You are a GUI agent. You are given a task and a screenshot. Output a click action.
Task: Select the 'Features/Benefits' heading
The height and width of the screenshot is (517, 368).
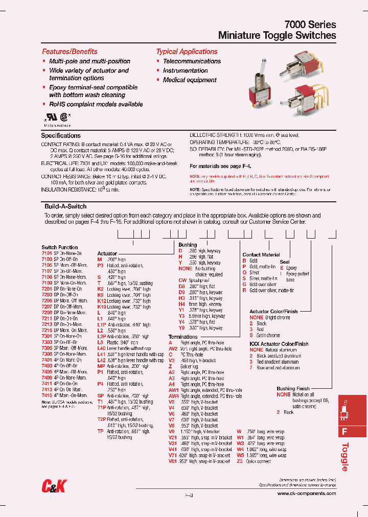pos(70,52)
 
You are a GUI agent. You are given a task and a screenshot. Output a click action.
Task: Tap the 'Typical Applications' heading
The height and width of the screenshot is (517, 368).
pos(187,52)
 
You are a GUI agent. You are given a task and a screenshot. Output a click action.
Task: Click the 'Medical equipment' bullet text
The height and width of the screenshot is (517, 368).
pos(190,80)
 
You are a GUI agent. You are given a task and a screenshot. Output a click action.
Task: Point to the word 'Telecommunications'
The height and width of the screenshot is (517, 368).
pos(192,61)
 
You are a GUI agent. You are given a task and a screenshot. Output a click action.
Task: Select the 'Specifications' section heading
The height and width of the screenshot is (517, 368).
pos(61,136)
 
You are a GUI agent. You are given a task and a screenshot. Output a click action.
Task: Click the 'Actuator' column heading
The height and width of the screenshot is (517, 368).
pos(107,253)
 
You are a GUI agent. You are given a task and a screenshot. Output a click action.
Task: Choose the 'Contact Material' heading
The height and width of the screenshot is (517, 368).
pos(261,254)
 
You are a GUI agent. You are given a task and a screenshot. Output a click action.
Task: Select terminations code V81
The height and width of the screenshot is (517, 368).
pos(173,461)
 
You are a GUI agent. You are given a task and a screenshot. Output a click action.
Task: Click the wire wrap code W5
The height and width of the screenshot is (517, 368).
pos(240,455)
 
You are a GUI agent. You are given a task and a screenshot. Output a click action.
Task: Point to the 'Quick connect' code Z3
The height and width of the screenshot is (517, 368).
pos(240,461)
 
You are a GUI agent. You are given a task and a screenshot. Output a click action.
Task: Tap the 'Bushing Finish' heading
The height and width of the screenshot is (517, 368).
pos(293,389)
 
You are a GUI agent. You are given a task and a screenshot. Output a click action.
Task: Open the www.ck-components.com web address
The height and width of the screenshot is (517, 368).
pos(307,494)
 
